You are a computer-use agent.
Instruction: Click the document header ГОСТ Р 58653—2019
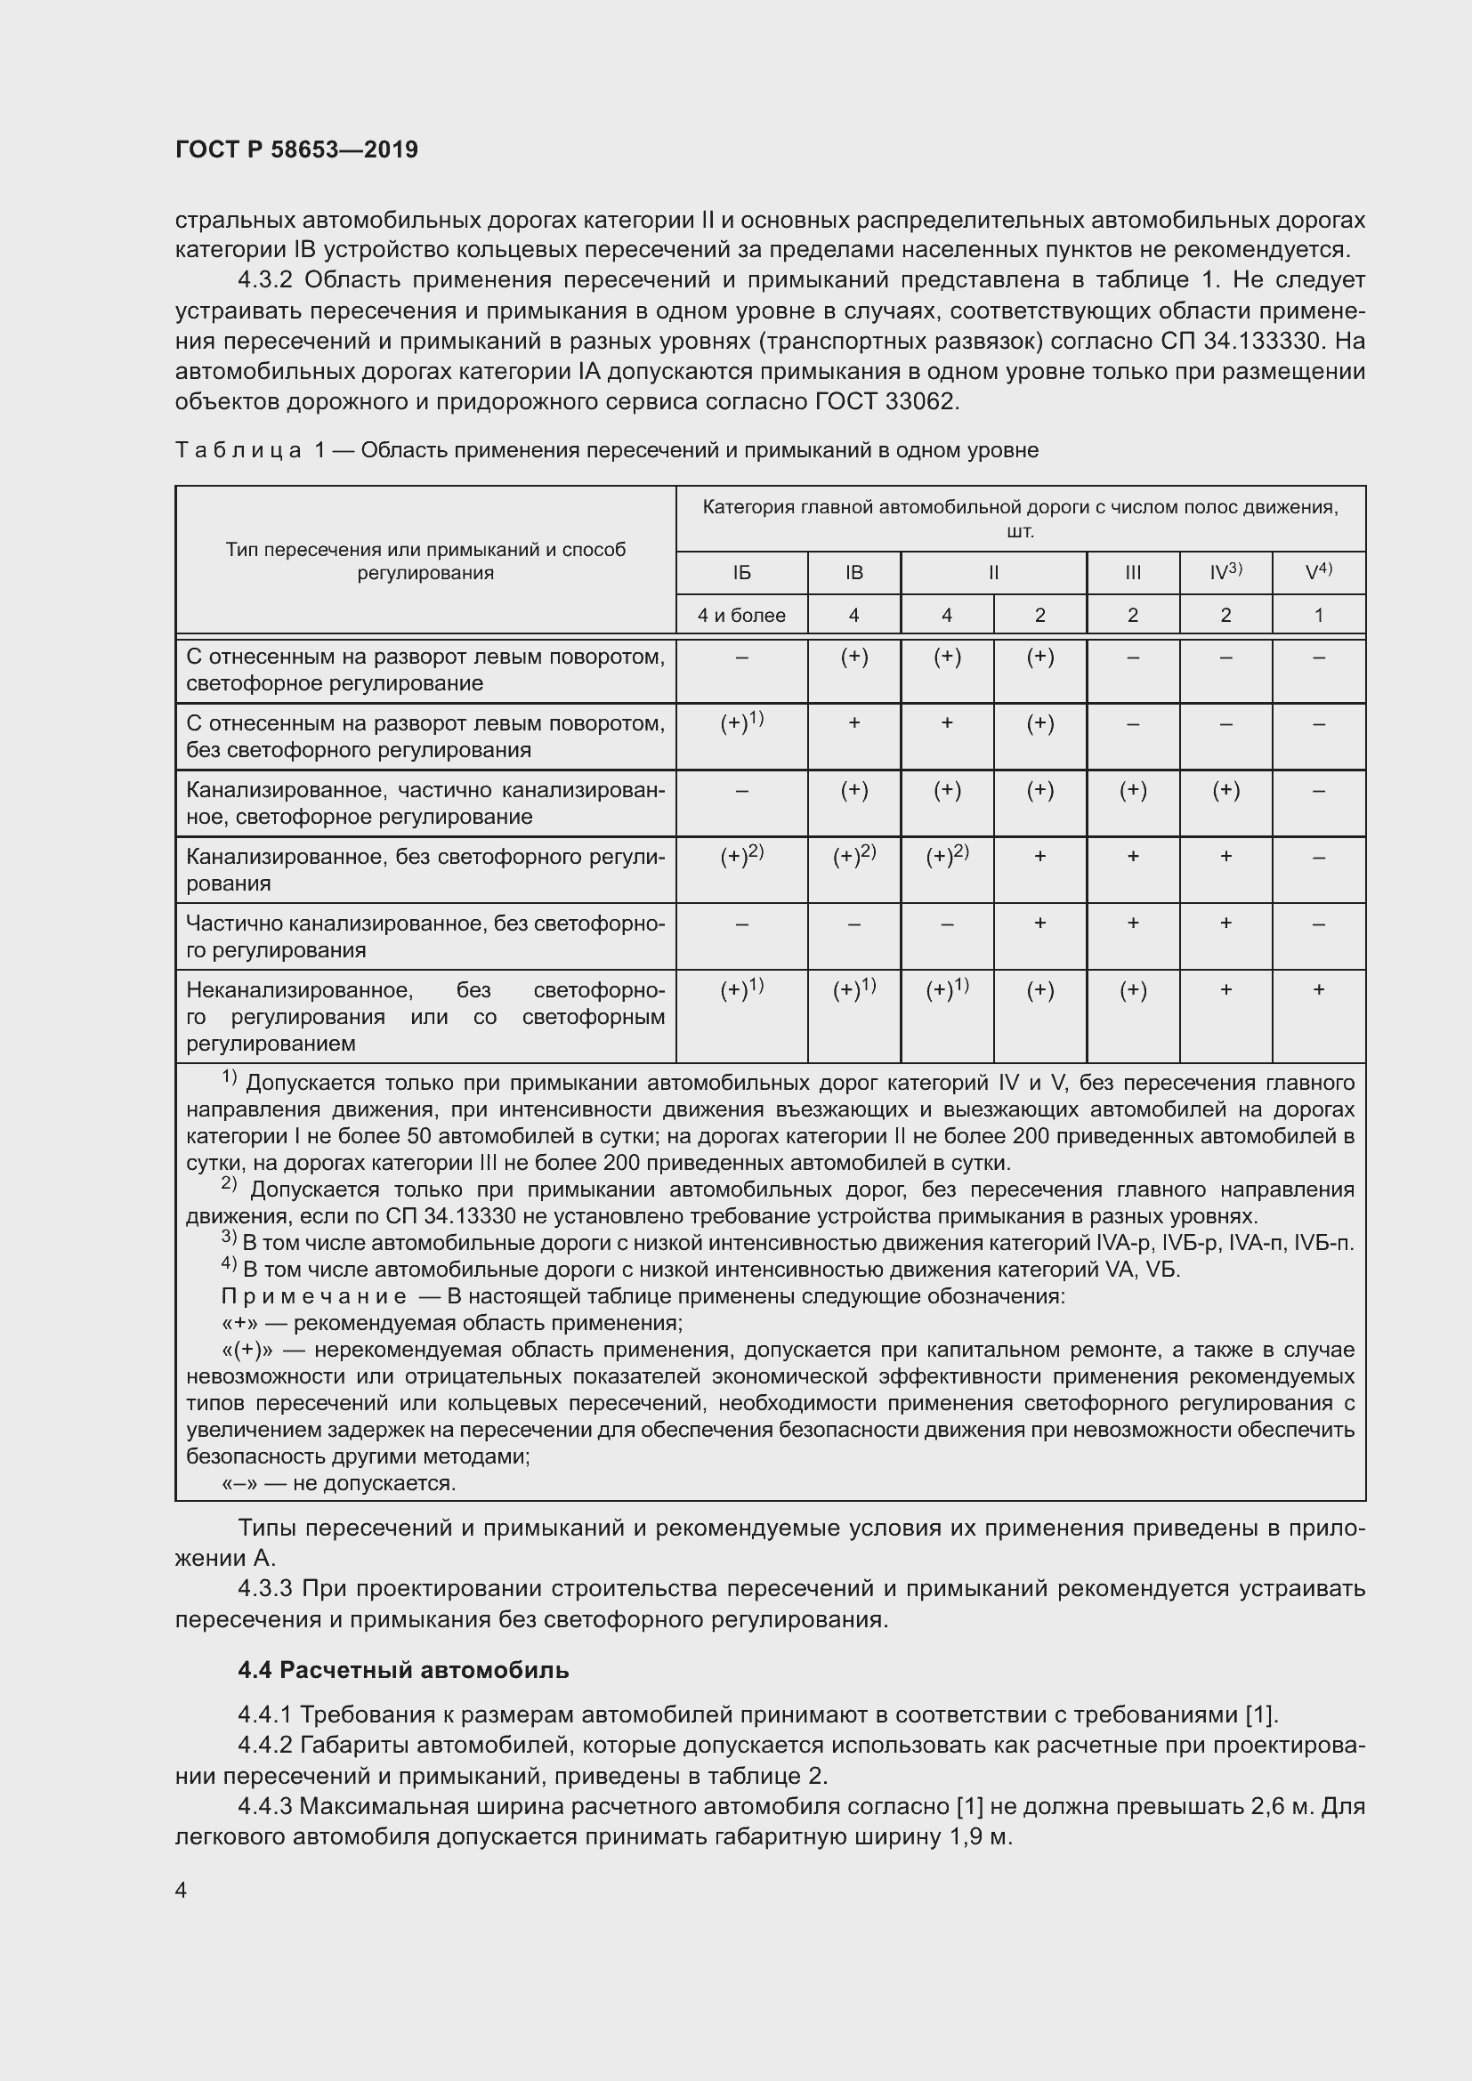tap(296, 149)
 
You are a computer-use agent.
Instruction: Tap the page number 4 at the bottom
tap(182, 1890)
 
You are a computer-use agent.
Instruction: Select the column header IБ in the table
tap(741, 573)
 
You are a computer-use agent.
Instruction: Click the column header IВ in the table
tap(853, 573)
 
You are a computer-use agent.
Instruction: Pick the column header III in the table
tap(1132, 573)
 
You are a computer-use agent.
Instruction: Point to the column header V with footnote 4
tap(1318, 572)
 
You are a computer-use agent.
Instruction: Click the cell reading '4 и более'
tap(741, 616)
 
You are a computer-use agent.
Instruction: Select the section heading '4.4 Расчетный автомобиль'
tap(403, 1669)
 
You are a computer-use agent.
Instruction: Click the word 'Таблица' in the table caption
tap(239, 450)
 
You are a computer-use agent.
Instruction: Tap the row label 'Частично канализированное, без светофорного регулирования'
tap(425, 936)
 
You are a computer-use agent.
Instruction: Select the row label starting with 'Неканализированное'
tap(425, 1016)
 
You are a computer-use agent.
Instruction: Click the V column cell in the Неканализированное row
tap(1318, 990)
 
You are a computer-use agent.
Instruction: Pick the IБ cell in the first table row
tap(741, 657)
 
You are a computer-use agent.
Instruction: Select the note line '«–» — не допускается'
tap(339, 1484)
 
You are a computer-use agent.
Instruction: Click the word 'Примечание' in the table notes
tap(313, 1297)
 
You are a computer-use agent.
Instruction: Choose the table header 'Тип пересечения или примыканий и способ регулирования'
tap(425, 561)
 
